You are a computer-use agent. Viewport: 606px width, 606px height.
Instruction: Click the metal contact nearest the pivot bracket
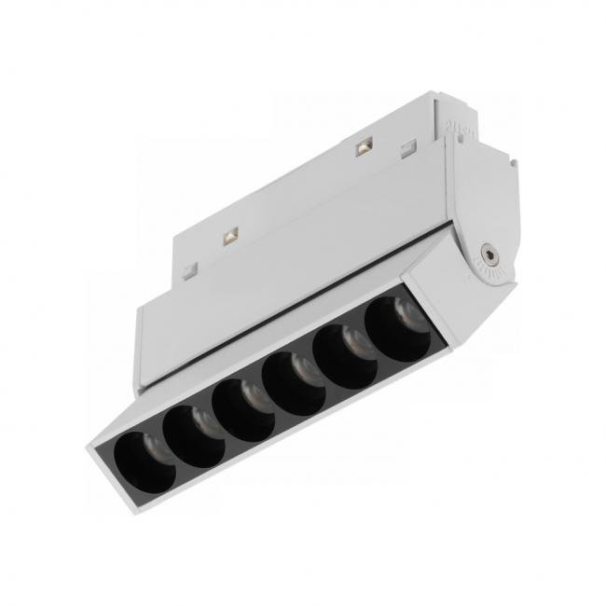coord(363,146)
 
